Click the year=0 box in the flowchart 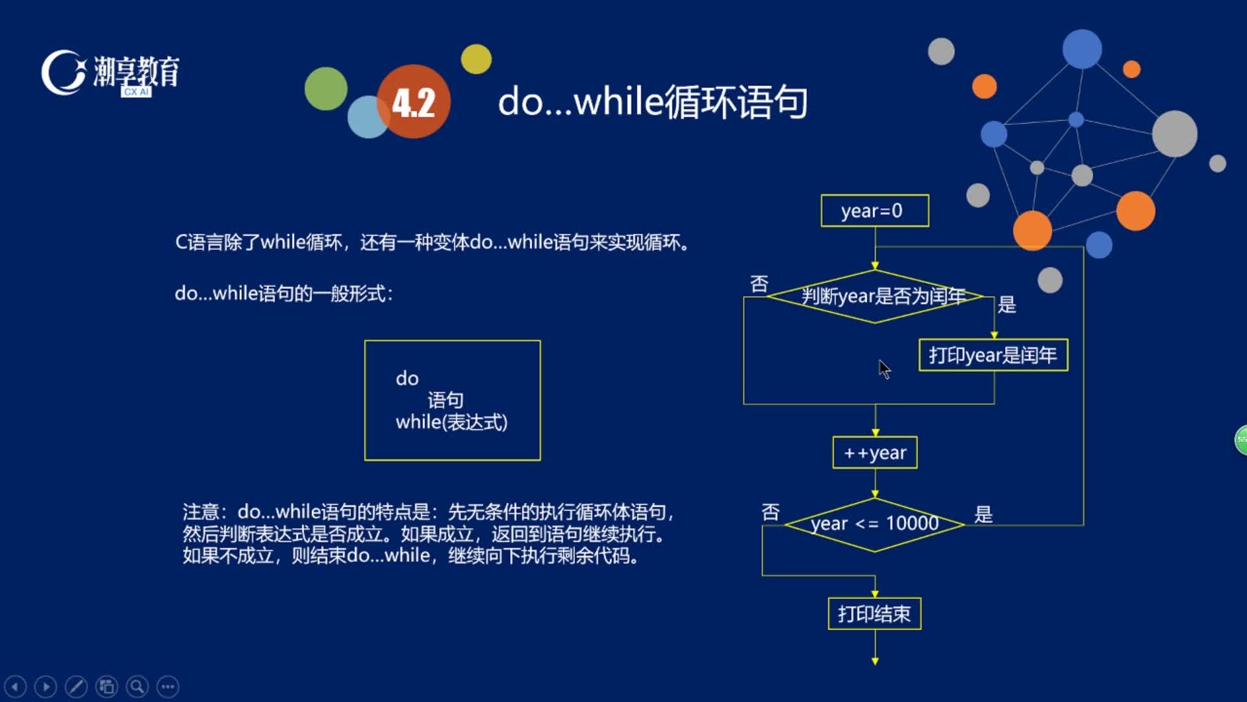(x=874, y=211)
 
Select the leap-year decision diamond (x=875, y=296)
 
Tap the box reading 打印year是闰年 (x=993, y=355)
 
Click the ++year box (x=875, y=452)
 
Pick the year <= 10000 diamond (x=875, y=525)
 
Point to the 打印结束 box (x=874, y=614)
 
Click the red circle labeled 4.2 (x=414, y=101)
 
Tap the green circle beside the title (x=326, y=88)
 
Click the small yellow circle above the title (x=476, y=59)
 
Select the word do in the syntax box (x=407, y=378)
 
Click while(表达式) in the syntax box (x=451, y=422)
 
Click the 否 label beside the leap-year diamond (x=759, y=284)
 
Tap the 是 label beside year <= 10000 (x=983, y=515)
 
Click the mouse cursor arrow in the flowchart (x=885, y=369)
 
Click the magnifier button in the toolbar (x=137, y=686)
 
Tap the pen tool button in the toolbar (x=76, y=686)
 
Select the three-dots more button (x=168, y=686)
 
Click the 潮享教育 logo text (x=136, y=71)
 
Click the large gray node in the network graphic (x=1174, y=134)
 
